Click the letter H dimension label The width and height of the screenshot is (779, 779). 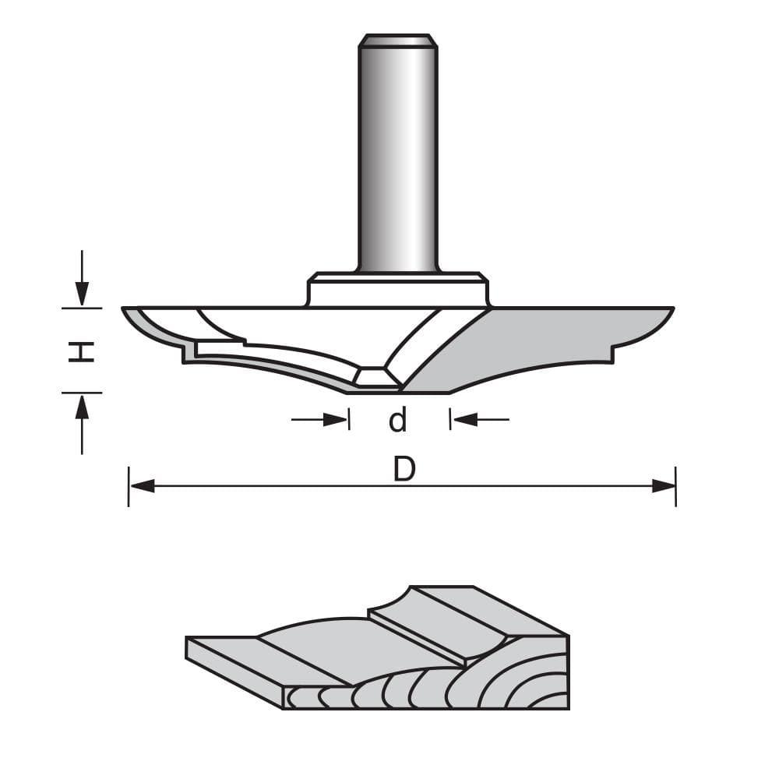point(81,351)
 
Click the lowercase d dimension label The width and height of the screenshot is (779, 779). point(398,421)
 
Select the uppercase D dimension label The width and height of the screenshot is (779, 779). point(403,470)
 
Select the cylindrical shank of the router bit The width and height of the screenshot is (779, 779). point(397,156)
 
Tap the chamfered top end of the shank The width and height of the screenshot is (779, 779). point(397,40)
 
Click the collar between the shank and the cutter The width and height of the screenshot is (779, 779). point(397,290)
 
